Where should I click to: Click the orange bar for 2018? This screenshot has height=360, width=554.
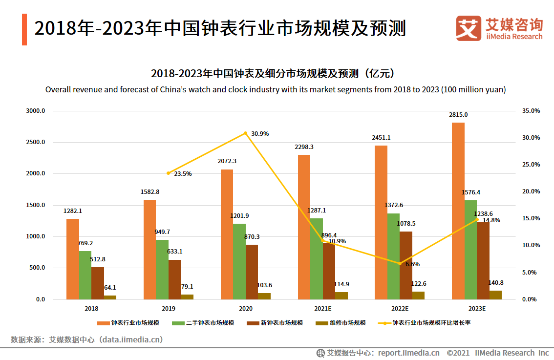click(x=73, y=259)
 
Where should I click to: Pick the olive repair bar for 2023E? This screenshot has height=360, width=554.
click(x=495, y=295)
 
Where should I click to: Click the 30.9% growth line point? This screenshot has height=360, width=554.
click(x=246, y=133)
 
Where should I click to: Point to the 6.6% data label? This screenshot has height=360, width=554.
click(x=412, y=264)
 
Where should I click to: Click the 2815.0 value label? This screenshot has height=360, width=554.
click(x=458, y=115)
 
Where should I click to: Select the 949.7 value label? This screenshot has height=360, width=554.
click(x=162, y=232)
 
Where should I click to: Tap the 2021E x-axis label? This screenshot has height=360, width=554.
click(x=322, y=309)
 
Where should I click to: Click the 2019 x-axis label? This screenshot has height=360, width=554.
click(x=169, y=309)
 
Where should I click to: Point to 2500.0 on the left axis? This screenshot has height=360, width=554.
click(x=35, y=142)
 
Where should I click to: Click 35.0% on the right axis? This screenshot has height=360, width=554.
click(x=531, y=111)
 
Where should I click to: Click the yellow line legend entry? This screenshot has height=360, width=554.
click(x=426, y=323)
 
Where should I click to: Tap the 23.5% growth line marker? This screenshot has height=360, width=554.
click(x=169, y=173)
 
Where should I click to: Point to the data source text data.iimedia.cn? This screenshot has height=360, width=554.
click(x=131, y=339)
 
